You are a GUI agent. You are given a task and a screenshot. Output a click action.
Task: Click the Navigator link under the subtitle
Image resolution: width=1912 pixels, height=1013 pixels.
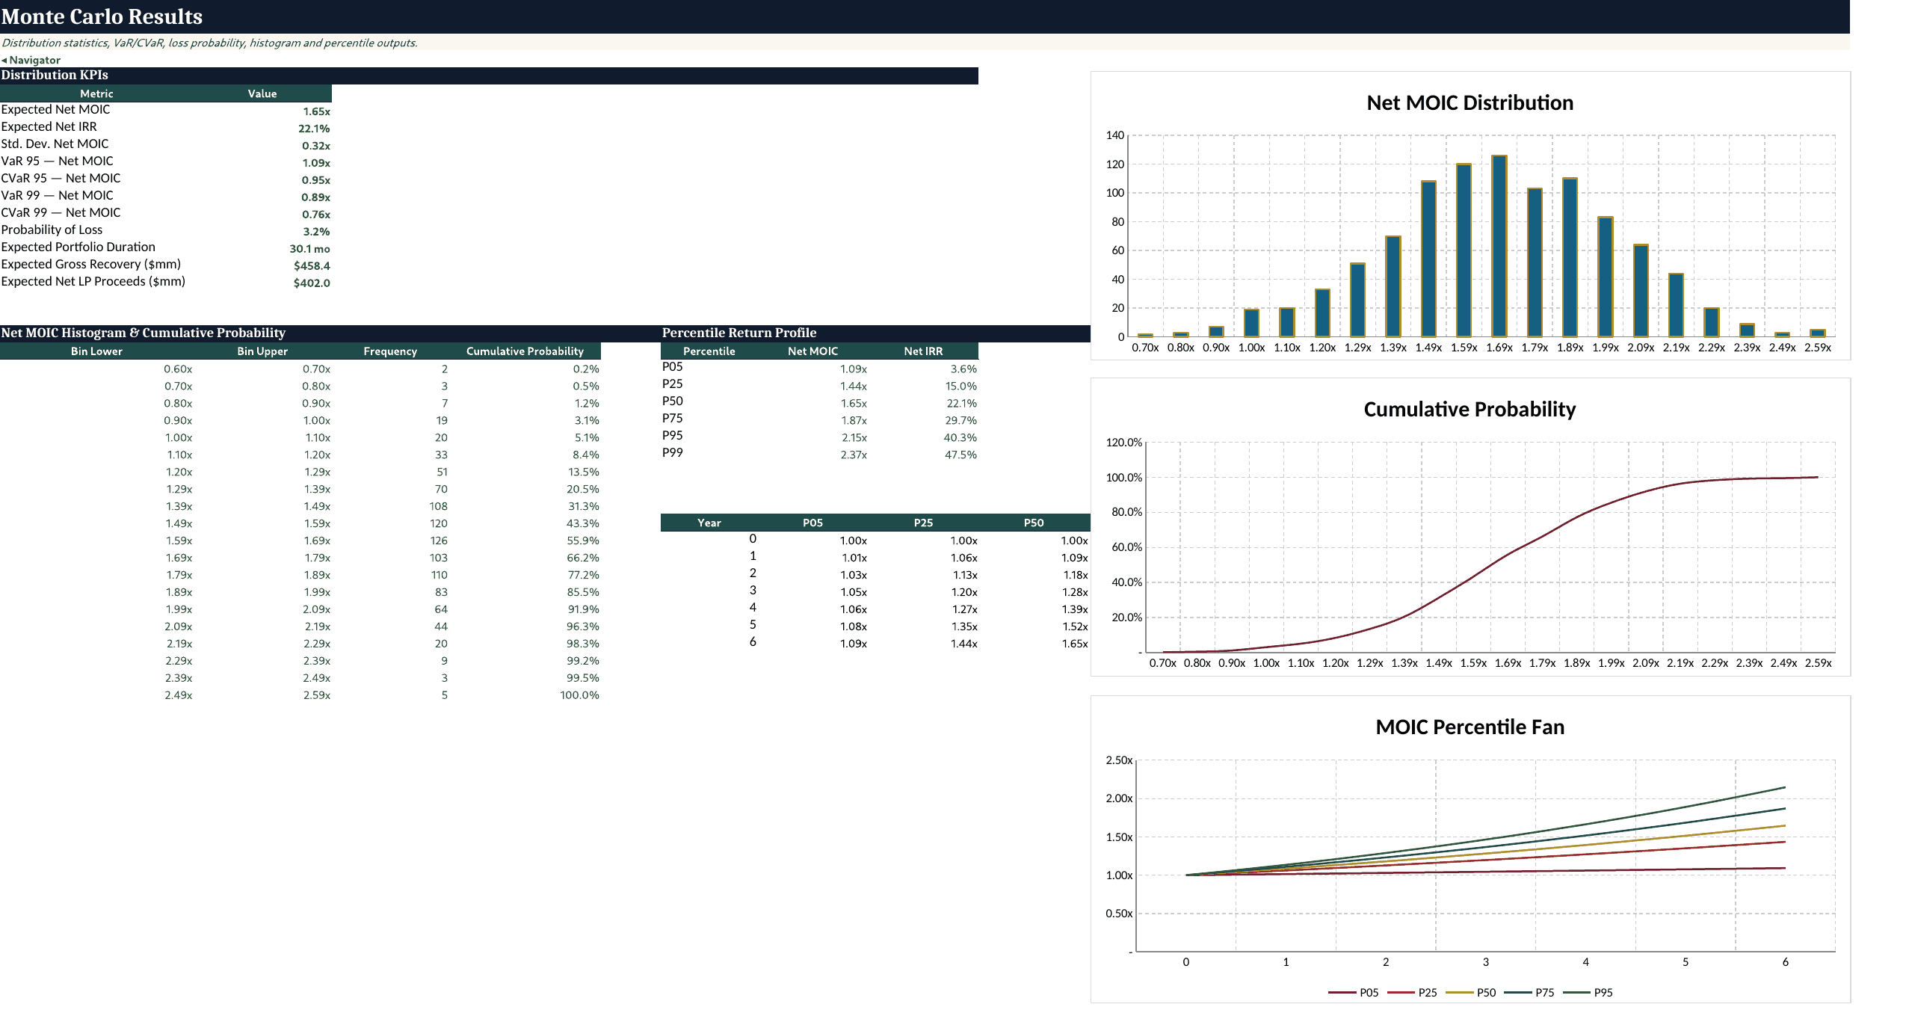point(31,60)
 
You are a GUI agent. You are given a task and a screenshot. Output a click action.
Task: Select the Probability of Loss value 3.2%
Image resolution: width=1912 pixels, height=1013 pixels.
point(316,232)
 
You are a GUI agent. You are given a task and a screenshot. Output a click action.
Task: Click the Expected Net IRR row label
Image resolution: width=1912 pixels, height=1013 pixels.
point(49,126)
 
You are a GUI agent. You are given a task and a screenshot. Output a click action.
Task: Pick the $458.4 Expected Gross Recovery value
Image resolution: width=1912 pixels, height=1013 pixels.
point(312,265)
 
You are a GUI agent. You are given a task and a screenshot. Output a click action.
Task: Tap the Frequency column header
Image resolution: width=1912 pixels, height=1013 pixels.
point(390,351)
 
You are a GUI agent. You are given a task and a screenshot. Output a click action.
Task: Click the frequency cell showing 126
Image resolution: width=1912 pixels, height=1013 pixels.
point(439,541)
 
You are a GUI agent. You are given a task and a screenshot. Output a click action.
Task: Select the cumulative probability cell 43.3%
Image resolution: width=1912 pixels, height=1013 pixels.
point(583,523)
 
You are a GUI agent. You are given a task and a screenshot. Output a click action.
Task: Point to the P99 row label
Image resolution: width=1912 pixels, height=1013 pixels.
point(673,452)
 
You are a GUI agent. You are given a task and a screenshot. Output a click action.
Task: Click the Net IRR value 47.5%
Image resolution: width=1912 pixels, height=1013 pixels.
point(960,455)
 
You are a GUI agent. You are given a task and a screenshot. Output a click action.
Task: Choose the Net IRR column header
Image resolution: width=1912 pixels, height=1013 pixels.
point(923,351)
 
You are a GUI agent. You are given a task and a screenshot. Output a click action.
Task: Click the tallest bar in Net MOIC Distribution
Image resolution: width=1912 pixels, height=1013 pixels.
point(1499,246)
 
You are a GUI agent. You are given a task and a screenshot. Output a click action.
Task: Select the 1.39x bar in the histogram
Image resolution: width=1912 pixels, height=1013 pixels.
point(1393,286)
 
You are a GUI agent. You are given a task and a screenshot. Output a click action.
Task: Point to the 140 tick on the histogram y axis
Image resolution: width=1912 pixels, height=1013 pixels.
point(1115,135)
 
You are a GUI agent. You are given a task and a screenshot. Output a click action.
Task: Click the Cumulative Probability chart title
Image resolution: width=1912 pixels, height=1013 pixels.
point(1470,409)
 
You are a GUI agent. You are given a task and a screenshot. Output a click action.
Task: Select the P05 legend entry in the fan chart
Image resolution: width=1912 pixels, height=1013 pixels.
point(1354,993)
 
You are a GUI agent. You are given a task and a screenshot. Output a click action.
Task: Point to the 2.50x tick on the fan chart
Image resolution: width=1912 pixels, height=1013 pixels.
point(1119,760)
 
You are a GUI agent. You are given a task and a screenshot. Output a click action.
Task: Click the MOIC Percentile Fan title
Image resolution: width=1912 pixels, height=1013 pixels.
point(1470,727)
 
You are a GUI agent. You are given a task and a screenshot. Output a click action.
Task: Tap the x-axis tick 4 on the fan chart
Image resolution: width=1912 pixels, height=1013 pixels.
point(1585,962)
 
